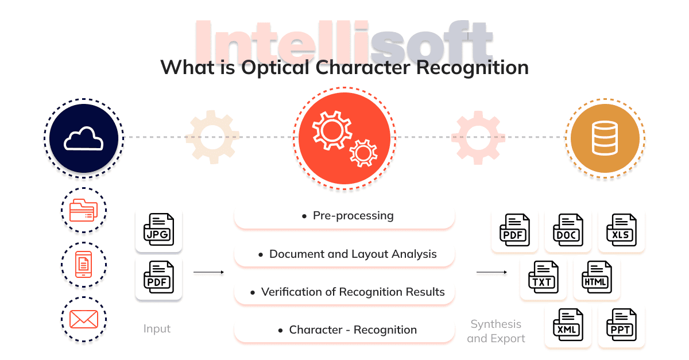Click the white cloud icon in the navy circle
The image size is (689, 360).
coord(83,139)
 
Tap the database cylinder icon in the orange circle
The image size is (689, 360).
coord(605,138)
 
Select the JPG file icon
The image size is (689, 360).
coord(158,229)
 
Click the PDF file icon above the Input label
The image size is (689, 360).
coord(158,277)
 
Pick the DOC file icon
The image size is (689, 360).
coord(568,230)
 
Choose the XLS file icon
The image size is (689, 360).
coord(621,230)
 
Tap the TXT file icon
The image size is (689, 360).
coord(543,277)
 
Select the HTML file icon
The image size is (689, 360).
coord(597,277)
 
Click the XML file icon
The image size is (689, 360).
coord(568,324)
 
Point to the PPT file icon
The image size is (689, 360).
coord(621,324)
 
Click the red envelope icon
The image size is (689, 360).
coord(84,319)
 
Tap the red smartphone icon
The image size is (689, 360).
coord(84,264)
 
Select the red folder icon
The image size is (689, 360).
coord(84,210)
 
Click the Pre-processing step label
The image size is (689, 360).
coord(353,216)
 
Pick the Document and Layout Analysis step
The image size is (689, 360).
coord(353,254)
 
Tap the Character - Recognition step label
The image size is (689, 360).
coord(353,330)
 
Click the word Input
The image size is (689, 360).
coord(157,329)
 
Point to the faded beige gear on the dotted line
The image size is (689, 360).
coord(212,137)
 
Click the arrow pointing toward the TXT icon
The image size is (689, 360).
coord(491,272)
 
